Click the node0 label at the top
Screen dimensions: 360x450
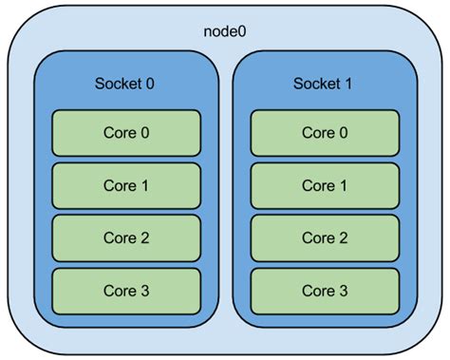click(x=225, y=31)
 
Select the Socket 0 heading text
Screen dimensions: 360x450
click(x=125, y=83)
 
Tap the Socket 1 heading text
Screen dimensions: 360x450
click(x=325, y=83)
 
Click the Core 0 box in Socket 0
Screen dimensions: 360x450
click(x=125, y=133)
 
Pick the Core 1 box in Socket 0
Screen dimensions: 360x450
click(x=125, y=185)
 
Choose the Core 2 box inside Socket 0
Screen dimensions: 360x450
click(x=125, y=237)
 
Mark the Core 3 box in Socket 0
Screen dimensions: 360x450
click(x=125, y=290)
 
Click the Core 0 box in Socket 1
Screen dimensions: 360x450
click(x=325, y=133)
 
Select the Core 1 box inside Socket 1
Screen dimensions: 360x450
click(x=325, y=185)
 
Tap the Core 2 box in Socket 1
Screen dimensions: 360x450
click(x=325, y=237)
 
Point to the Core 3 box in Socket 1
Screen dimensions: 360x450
click(x=325, y=290)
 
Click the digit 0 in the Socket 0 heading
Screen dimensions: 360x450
click(x=150, y=83)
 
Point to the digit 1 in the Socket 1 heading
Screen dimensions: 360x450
click(x=349, y=83)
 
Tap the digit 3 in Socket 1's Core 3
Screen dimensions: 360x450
click(x=344, y=290)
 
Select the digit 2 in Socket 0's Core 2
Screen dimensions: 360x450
click(x=144, y=237)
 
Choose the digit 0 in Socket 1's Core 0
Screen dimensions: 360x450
click(x=344, y=133)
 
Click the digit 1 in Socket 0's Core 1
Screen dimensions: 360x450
click(x=144, y=185)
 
